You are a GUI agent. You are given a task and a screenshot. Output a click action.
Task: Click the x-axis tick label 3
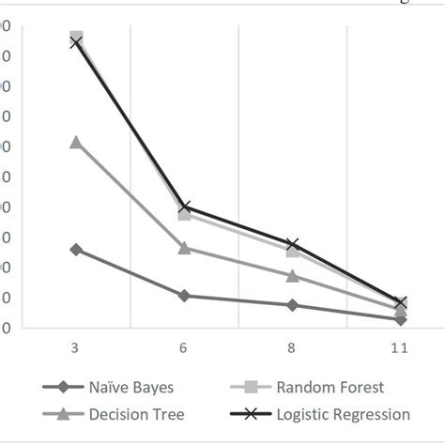click(x=75, y=348)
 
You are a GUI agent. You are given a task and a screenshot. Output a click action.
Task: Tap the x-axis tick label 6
click(x=184, y=348)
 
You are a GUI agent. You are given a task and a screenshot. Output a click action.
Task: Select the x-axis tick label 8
click(x=292, y=348)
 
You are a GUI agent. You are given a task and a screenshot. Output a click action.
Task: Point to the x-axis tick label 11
click(x=400, y=348)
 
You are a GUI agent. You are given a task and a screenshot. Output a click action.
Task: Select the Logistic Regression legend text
click(x=349, y=414)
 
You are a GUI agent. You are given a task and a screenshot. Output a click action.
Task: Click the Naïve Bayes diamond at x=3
click(x=75, y=249)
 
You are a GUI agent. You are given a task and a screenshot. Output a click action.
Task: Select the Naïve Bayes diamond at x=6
click(x=184, y=296)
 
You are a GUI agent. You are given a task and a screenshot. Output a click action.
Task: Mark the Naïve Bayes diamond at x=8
click(x=292, y=305)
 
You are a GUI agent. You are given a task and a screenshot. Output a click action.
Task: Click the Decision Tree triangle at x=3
click(x=75, y=142)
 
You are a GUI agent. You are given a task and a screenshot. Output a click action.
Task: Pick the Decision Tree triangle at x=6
click(x=184, y=248)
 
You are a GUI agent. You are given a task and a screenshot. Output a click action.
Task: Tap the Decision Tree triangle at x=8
click(x=292, y=276)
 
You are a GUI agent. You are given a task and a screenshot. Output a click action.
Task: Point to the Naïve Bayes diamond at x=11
click(x=401, y=319)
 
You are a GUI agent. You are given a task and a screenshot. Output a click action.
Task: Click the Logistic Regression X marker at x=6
click(x=184, y=207)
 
